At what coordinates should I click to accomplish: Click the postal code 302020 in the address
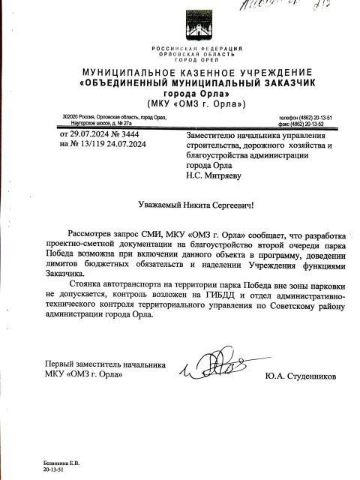(x=73, y=118)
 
